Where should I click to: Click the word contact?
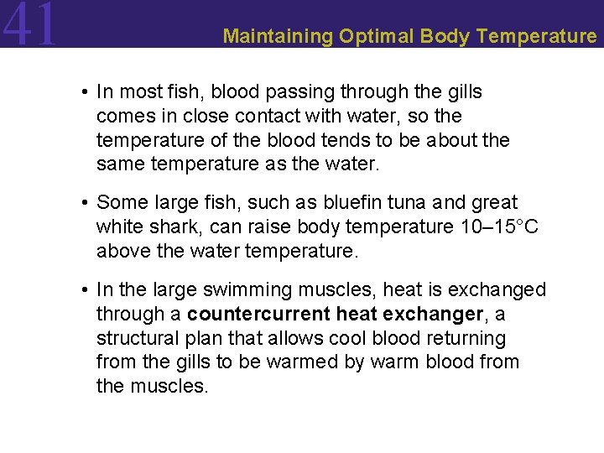[277, 116]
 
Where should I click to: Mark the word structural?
[138, 339]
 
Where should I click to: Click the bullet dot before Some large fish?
[86, 203]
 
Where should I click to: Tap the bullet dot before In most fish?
[86, 91]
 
